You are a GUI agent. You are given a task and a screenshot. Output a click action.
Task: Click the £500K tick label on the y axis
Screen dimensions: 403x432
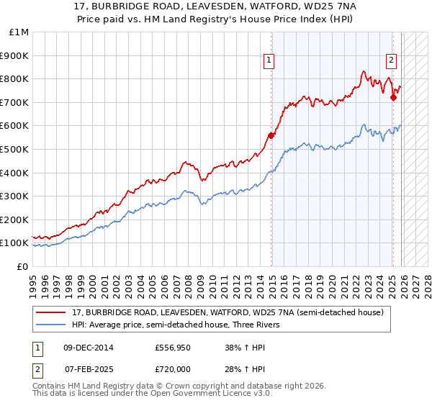tap(15, 149)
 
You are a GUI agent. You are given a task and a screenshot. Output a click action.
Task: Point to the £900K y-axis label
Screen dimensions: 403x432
tap(15, 55)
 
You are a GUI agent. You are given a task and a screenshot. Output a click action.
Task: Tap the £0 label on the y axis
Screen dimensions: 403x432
tap(22, 266)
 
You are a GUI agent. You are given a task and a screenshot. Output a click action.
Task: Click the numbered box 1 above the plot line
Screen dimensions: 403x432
tap(269, 61)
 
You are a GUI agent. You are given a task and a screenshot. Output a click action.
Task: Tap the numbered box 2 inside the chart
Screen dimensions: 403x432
tap(391, 61)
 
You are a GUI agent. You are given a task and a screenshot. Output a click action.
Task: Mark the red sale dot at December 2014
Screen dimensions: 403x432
tap(271, 135)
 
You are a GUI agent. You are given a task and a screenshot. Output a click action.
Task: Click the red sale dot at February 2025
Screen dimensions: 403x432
tap(393, 97)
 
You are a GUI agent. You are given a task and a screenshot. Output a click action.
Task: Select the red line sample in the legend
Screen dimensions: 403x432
tap(53, 312)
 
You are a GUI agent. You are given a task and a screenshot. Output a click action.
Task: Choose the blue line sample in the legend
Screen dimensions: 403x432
tap(53, 325)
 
